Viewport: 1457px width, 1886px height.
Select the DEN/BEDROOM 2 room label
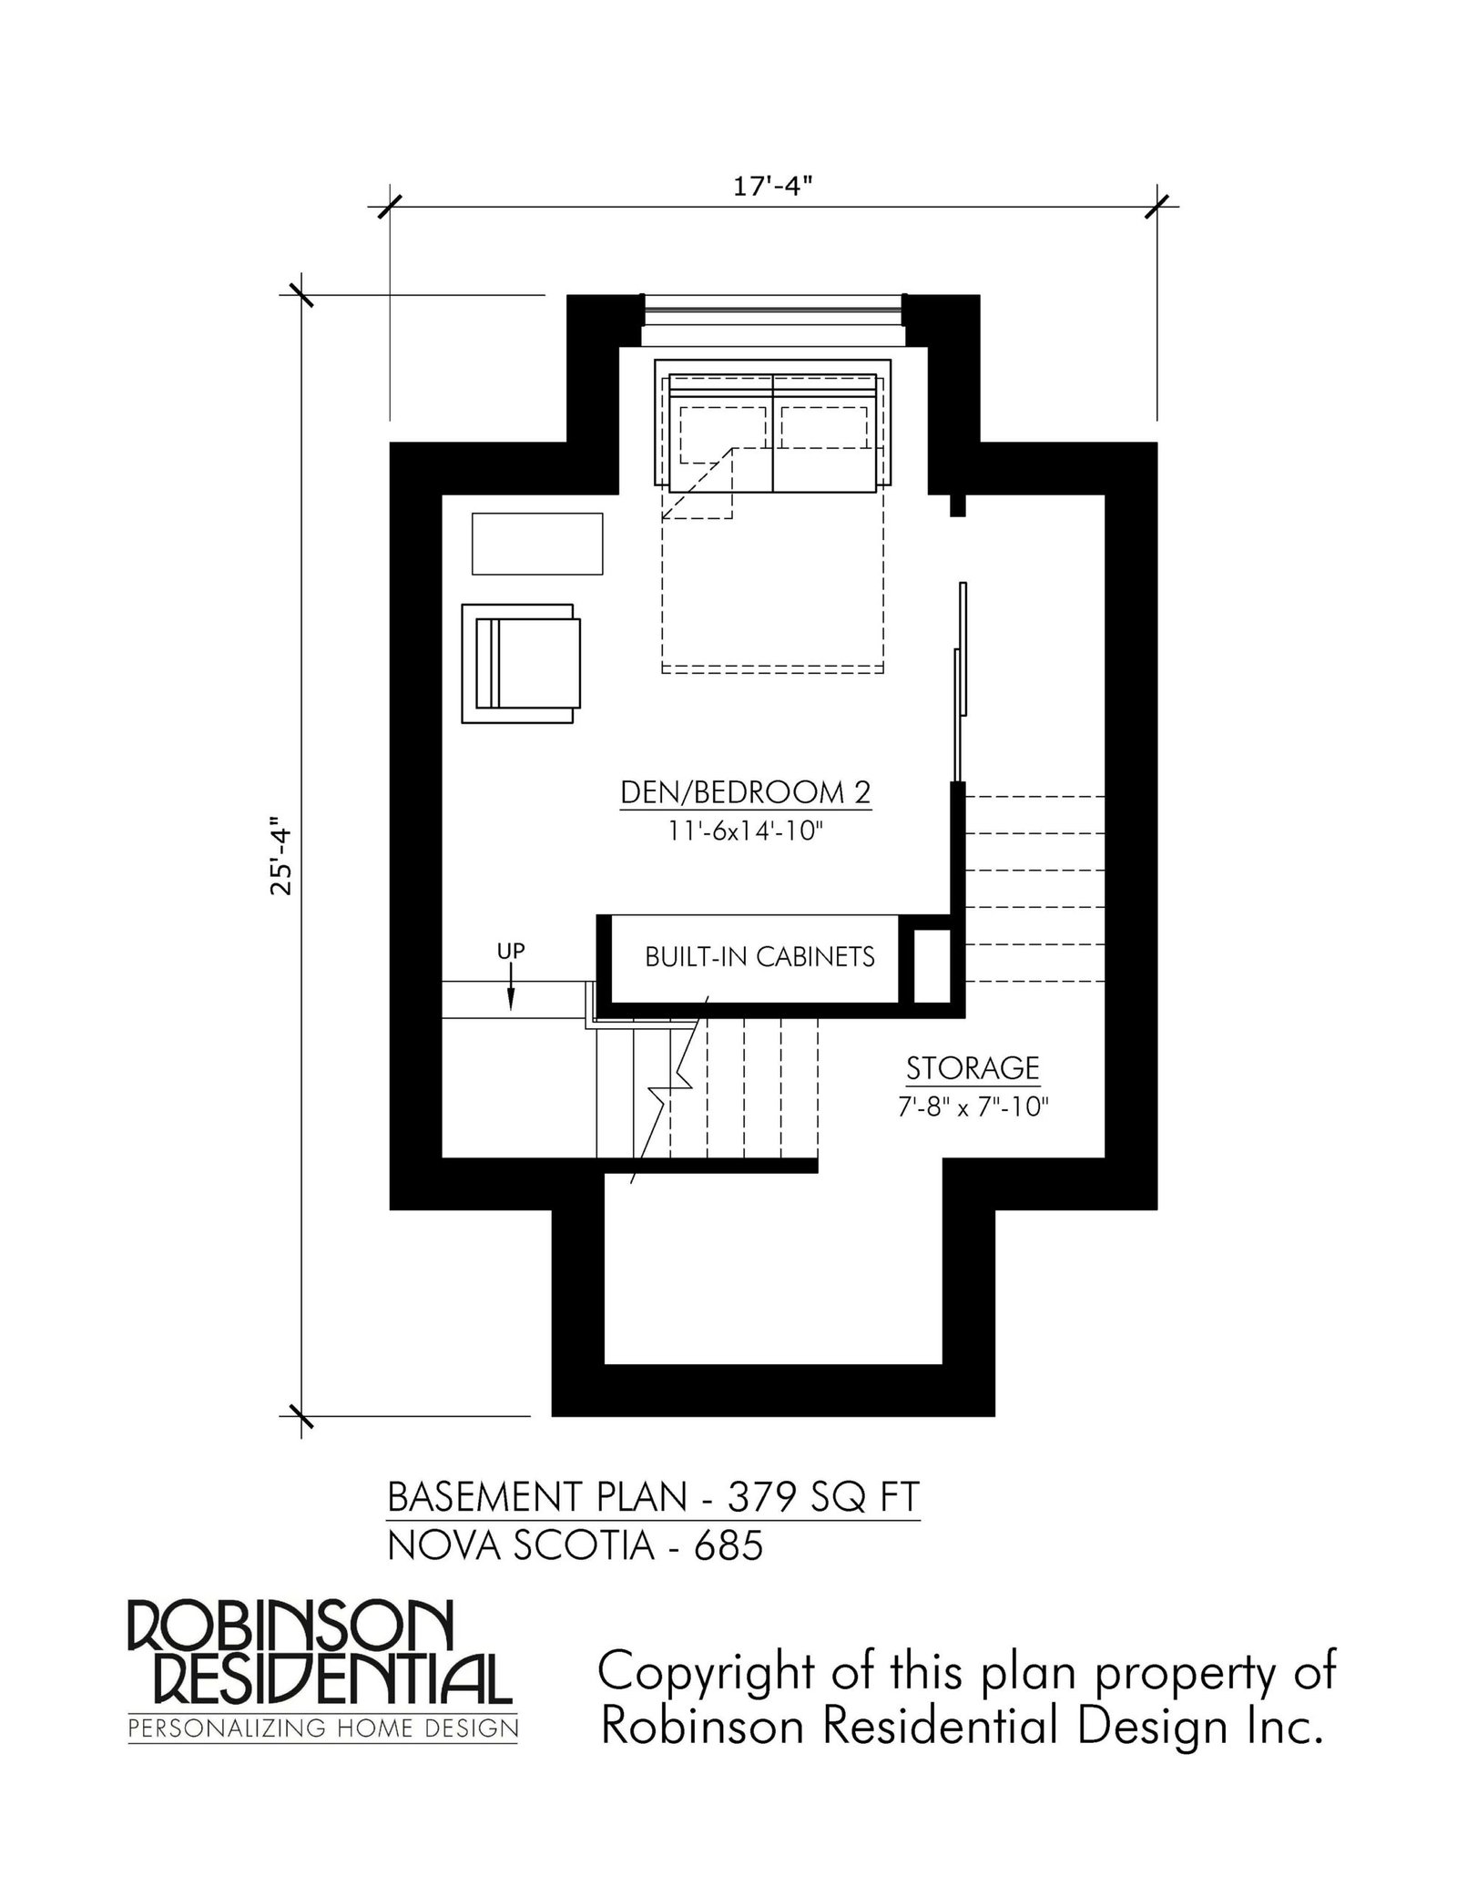click(x=746, y=792)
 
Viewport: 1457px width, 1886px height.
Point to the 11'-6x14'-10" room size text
click(x=746, y=834)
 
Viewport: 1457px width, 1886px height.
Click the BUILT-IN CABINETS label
click(x=759, y=957)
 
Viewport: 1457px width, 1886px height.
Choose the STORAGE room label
click(x=973, y=1067)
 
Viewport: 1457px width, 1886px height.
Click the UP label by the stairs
click(x=511, y=951)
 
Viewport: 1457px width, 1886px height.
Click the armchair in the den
click(x=520, y=664)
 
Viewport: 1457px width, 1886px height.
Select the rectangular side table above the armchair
click(x=537, y=544)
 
